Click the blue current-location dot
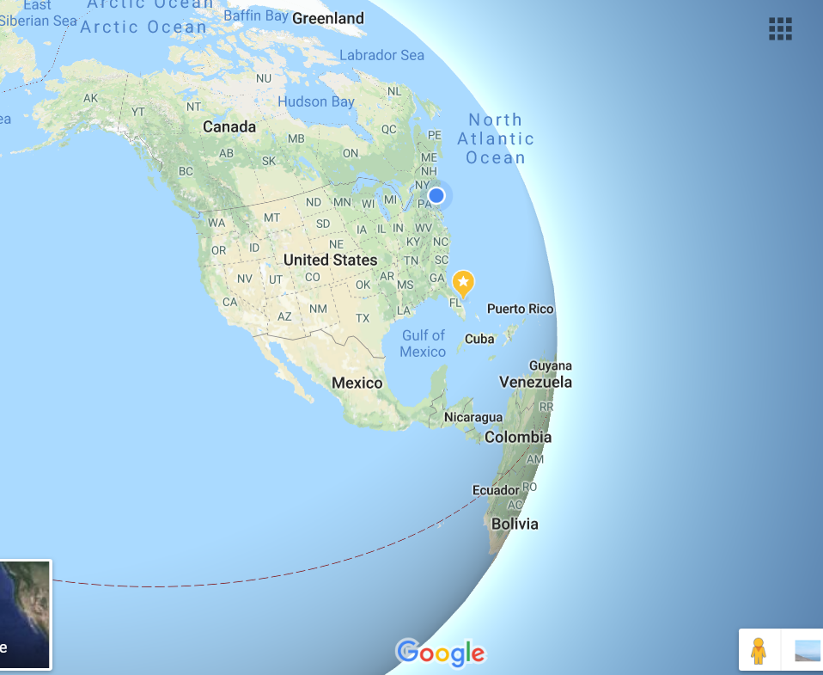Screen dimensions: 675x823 point(436,195)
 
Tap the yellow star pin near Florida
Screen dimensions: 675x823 point(463,282)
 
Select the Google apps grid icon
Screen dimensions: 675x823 point(780,28)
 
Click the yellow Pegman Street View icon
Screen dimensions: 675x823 point(758,650)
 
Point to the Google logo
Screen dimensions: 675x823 point(441,654)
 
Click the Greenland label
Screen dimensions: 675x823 point(328,18)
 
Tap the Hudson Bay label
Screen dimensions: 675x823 point(316,101)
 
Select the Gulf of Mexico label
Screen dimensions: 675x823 point(424,343)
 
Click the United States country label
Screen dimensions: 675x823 point(330,260)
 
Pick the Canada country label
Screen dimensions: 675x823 point(229,127)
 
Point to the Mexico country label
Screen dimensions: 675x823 point(357,383)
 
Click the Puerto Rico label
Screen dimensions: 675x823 point(521,309)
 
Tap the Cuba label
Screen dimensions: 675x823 point(479,339)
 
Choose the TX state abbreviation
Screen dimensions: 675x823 point(363,318)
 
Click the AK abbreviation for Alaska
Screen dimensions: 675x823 point(91,98)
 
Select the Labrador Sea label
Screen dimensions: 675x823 point(382,55)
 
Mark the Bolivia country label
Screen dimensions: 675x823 point(515,524)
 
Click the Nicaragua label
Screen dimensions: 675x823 point(473,418)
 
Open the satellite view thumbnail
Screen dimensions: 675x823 point(25,614)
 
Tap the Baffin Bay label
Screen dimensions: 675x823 point(255,15)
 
